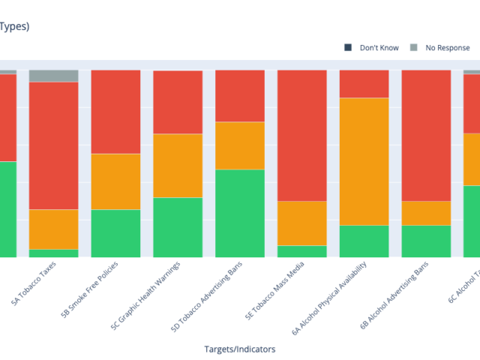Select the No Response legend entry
point(447,48)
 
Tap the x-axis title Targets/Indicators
point(239,349)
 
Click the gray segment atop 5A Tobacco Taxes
point(53,76)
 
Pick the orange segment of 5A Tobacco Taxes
point(53,229)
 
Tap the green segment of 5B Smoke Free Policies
point(115,233)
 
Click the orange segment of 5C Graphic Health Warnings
point(178,166)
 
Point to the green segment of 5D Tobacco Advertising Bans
point(240,213)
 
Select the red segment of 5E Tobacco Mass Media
point(302,135)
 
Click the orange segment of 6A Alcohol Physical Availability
point(364,161)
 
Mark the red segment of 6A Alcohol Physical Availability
point(364,84)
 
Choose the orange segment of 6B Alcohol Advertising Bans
point(427,213)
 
